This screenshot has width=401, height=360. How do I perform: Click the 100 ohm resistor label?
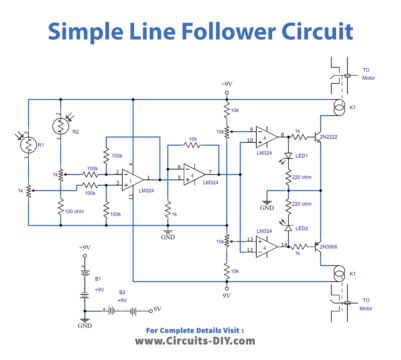71,210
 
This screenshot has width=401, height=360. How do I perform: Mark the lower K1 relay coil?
338,274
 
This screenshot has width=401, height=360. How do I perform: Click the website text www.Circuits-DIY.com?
199,340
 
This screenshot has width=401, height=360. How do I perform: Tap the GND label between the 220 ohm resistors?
267,208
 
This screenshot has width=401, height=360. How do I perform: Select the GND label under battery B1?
86,325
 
